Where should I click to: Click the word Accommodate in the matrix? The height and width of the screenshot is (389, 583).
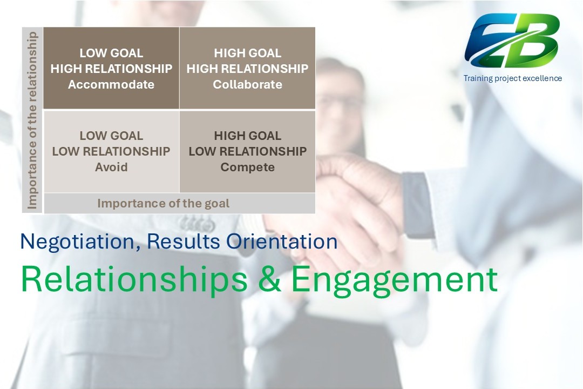[111, 85]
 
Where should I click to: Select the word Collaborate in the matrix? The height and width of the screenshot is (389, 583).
[247, 85]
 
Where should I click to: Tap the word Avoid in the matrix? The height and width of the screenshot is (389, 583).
[111, 167]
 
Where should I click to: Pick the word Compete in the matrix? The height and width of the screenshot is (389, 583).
[247, 167]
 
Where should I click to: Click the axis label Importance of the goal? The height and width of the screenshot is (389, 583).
[163, 204]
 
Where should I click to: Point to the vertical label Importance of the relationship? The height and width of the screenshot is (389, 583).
[32, 120]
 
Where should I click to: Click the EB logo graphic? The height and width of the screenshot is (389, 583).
[512, 41]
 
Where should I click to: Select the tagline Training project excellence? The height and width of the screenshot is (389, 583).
[512, 78]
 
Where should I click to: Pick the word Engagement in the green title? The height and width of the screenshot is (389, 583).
[395, 280]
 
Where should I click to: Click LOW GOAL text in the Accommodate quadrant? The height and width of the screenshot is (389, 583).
[111, 53]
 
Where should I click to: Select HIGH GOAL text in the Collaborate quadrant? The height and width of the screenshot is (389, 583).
[247, 53]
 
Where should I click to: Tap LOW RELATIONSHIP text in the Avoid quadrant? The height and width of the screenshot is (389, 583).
[111, 151]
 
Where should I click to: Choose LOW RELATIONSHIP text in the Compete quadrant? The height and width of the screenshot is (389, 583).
[247, 151]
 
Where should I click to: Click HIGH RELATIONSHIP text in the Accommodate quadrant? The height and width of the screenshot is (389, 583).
[111, 69]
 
